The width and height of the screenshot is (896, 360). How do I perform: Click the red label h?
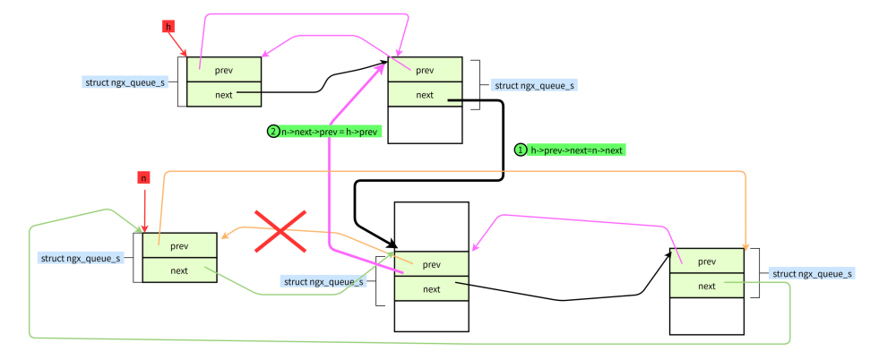tap(168, 26)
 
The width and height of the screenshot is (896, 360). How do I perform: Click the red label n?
tap(143, 177)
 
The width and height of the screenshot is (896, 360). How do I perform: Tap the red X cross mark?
tap(280, 231)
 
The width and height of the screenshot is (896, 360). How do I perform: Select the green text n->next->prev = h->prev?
tap(331, 132)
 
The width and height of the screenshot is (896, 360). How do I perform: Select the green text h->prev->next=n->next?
tap(576, 150)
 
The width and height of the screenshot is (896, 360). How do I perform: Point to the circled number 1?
tap(520, 150)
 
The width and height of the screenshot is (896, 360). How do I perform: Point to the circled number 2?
tap(273, 132)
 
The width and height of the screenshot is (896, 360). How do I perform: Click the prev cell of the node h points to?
tap(224, 70)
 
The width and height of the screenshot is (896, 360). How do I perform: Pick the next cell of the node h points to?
tap(224, 94)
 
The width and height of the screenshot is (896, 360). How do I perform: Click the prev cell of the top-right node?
tap(425, 70)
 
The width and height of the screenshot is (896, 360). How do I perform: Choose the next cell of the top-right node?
tap(425, 94)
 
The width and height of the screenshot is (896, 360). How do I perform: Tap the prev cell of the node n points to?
tap(179, 245)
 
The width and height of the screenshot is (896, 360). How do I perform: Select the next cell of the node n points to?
tap(179, 270)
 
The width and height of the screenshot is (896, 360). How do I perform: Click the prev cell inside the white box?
tap(432, 264)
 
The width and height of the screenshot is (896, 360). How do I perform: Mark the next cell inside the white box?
tap(432, 288)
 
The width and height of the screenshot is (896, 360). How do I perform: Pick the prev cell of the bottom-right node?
tap(706, 261)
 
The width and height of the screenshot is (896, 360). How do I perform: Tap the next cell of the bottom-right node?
tap(706, 286)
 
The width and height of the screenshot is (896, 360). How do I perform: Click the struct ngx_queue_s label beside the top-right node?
tap(534, 85)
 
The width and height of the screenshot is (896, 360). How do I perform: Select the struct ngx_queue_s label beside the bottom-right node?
tap(811, 273)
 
